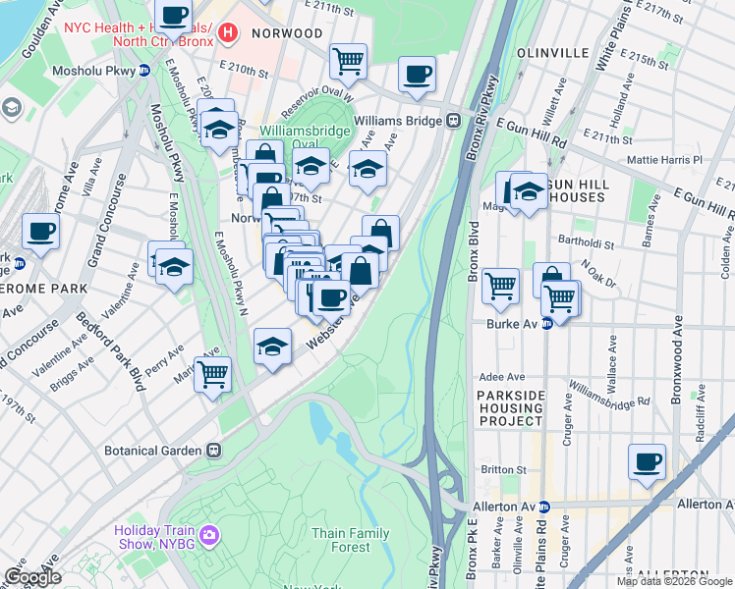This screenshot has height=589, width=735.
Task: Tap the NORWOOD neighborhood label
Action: coord(287,33)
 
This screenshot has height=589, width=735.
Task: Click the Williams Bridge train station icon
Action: coord(454,120)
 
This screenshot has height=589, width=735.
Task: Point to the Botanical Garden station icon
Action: coord(211,450)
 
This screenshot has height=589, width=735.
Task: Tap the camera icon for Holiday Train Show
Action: coord(208,535)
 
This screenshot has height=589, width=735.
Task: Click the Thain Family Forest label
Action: coord(352,540)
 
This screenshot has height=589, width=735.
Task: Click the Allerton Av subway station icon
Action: coord(556,506)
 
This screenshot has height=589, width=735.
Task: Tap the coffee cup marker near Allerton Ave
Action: coord(646,461)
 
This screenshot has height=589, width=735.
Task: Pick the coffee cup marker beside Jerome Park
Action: coord(40,232)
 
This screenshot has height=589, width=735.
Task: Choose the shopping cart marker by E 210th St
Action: coord(348,61)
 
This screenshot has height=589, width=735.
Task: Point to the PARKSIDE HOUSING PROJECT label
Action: coord(511,407)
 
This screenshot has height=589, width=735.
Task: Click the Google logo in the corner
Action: coord(32,577)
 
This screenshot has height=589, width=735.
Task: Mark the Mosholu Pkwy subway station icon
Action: coord(143,70)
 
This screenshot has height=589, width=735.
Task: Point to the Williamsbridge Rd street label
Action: coord(608,394)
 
